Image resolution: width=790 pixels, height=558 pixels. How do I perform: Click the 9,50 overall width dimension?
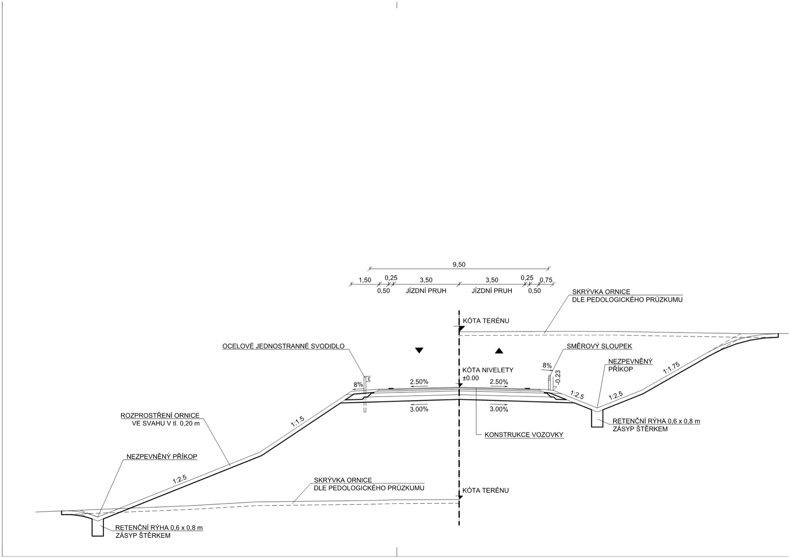(459, 264)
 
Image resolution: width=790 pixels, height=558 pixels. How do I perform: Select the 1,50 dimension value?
(365, 280)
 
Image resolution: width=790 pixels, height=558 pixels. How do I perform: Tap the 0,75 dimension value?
(546, 280)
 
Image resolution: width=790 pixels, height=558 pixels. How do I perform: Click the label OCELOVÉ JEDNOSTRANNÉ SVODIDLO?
(283, 346)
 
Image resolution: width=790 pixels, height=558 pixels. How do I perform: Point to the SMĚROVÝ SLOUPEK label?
(599, 346)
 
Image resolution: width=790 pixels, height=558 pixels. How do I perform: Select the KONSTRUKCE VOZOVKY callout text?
(524, 435)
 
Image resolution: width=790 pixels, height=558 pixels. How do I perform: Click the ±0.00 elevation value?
(471, 378)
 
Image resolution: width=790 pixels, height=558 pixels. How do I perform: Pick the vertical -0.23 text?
(558, 377)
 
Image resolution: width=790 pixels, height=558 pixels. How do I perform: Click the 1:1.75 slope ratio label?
(671, 368)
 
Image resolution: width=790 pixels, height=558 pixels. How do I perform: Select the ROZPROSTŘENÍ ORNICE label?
(160, 416)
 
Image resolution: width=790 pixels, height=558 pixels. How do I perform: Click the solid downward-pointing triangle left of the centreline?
(419, 350)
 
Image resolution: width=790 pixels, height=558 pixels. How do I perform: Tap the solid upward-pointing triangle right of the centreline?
(499, 350)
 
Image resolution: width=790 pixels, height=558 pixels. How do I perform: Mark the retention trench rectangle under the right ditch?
(597, 419)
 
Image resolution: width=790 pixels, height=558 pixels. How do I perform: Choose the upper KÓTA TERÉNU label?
(486, 321)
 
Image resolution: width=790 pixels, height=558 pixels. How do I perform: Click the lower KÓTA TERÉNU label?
(486, 490)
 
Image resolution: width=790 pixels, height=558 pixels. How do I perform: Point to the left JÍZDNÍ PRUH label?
(426, 291)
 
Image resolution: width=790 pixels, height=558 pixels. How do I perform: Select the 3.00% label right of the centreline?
(499, 409)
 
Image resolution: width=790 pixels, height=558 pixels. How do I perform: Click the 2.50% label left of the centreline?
(419, 382)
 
